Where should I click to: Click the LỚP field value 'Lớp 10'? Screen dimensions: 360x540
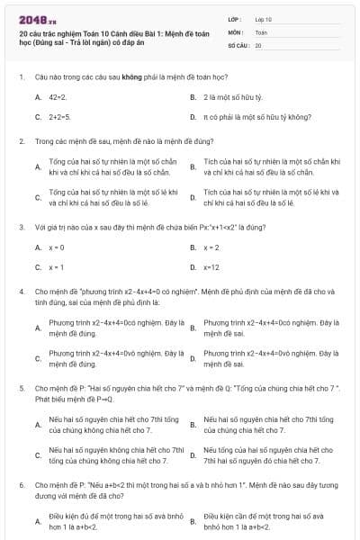tap(263, 18)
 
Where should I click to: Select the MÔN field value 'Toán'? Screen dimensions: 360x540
tap(261, 31)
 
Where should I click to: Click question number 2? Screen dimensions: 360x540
tap(21, 141)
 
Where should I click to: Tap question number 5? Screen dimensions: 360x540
tap(21, 389)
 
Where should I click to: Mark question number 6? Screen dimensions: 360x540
tap(21, 485)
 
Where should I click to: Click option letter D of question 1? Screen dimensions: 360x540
tap(193, 117)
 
